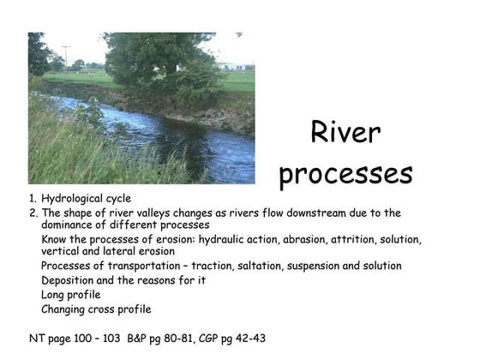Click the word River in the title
click(x=345, y=133)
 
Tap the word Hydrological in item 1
click(x=75, y=199)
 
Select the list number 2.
click(x=33, y=213)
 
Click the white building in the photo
click(x=229, y=65)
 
